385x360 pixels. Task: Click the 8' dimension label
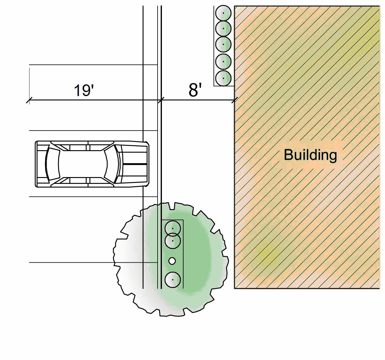tap(195, 90)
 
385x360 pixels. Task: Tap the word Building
tap(310, 155)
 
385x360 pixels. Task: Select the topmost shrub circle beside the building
tap(223, 13)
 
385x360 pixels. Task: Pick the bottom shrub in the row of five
tap(223, 78)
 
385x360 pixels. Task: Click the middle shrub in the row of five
tap(223, 44)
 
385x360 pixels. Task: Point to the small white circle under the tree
tap(172, 261)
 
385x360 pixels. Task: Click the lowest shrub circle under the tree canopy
tap(172, 280)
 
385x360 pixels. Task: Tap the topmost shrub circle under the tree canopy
tap(172, 228)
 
